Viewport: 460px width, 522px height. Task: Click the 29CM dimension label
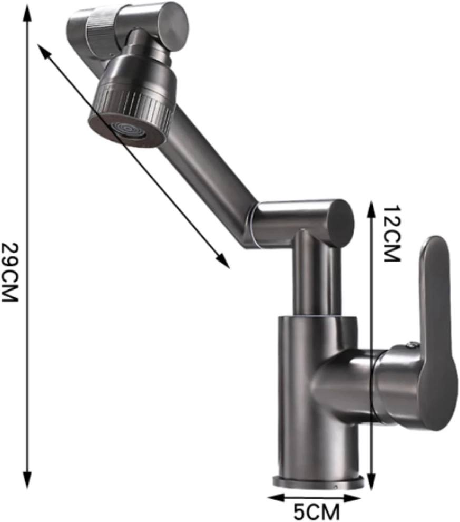click(x=9, y=272)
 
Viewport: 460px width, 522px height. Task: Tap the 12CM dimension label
click(x=392, y=234)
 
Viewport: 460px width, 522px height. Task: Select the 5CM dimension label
click(x=316, y=512)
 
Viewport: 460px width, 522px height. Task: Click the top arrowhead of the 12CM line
click(x=373, y=208)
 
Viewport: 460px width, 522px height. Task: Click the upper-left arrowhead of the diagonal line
click(x=43, y=51)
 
